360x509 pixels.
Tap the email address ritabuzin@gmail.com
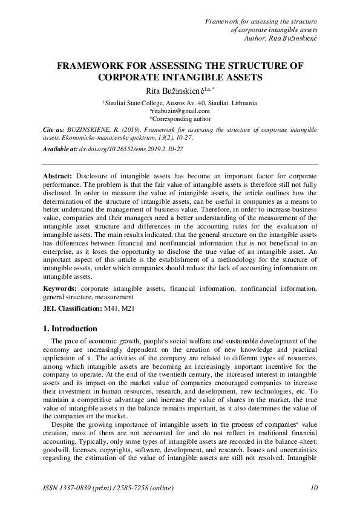(180, 111)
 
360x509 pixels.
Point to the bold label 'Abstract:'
(58, 175)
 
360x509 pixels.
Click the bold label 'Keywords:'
(60, 289)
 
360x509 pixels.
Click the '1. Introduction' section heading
(70, 329)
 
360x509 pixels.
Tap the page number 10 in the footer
(313, 488)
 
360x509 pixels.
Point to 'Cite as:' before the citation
(54, 129)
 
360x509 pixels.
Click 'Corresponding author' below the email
(181, 118)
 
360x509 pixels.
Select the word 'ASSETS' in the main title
(240, 77)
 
